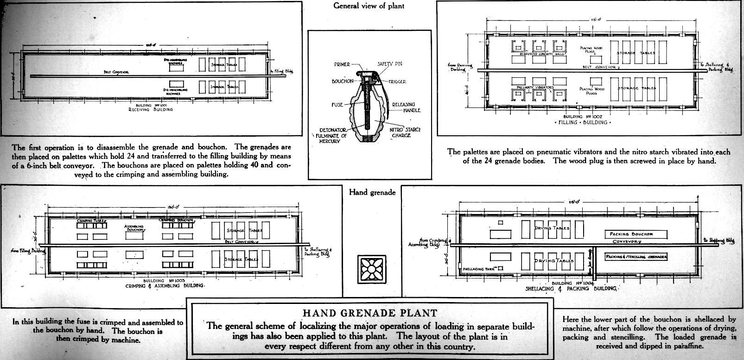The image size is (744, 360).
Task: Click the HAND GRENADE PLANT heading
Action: [x=369, y=313]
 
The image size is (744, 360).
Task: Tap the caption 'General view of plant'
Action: [x=369, y=6]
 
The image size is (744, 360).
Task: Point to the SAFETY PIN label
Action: [x=389, y=64]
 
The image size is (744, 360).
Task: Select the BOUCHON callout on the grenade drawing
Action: [x=343, y=81]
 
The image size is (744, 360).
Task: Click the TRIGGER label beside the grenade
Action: [x=397, y=82]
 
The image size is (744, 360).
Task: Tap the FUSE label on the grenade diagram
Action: [x=337, y=105]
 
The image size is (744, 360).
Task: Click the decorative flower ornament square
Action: [x=371, y=269]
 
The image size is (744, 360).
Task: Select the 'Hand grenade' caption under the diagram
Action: [x=372, y=192]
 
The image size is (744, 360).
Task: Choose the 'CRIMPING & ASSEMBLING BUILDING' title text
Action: [x=164, y=285]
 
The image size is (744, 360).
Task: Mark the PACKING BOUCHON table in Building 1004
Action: [x=635, y=234]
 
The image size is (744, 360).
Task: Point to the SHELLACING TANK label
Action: [x=480, y=269]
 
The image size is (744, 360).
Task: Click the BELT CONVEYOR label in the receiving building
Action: [x=116, y=72]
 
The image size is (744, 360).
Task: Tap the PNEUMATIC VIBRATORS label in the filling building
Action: [x=535, y=87]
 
